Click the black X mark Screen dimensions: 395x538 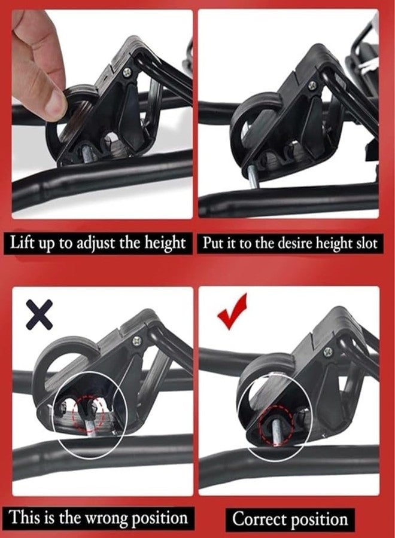pos(39,314)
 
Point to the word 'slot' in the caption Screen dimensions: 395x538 pos(367,243)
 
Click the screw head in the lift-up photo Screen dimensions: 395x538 pos(127,72)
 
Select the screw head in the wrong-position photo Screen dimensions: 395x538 pos(137,341)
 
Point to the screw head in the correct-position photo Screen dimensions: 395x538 pos(329,351)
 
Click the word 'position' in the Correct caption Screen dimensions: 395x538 pos(318,520)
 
